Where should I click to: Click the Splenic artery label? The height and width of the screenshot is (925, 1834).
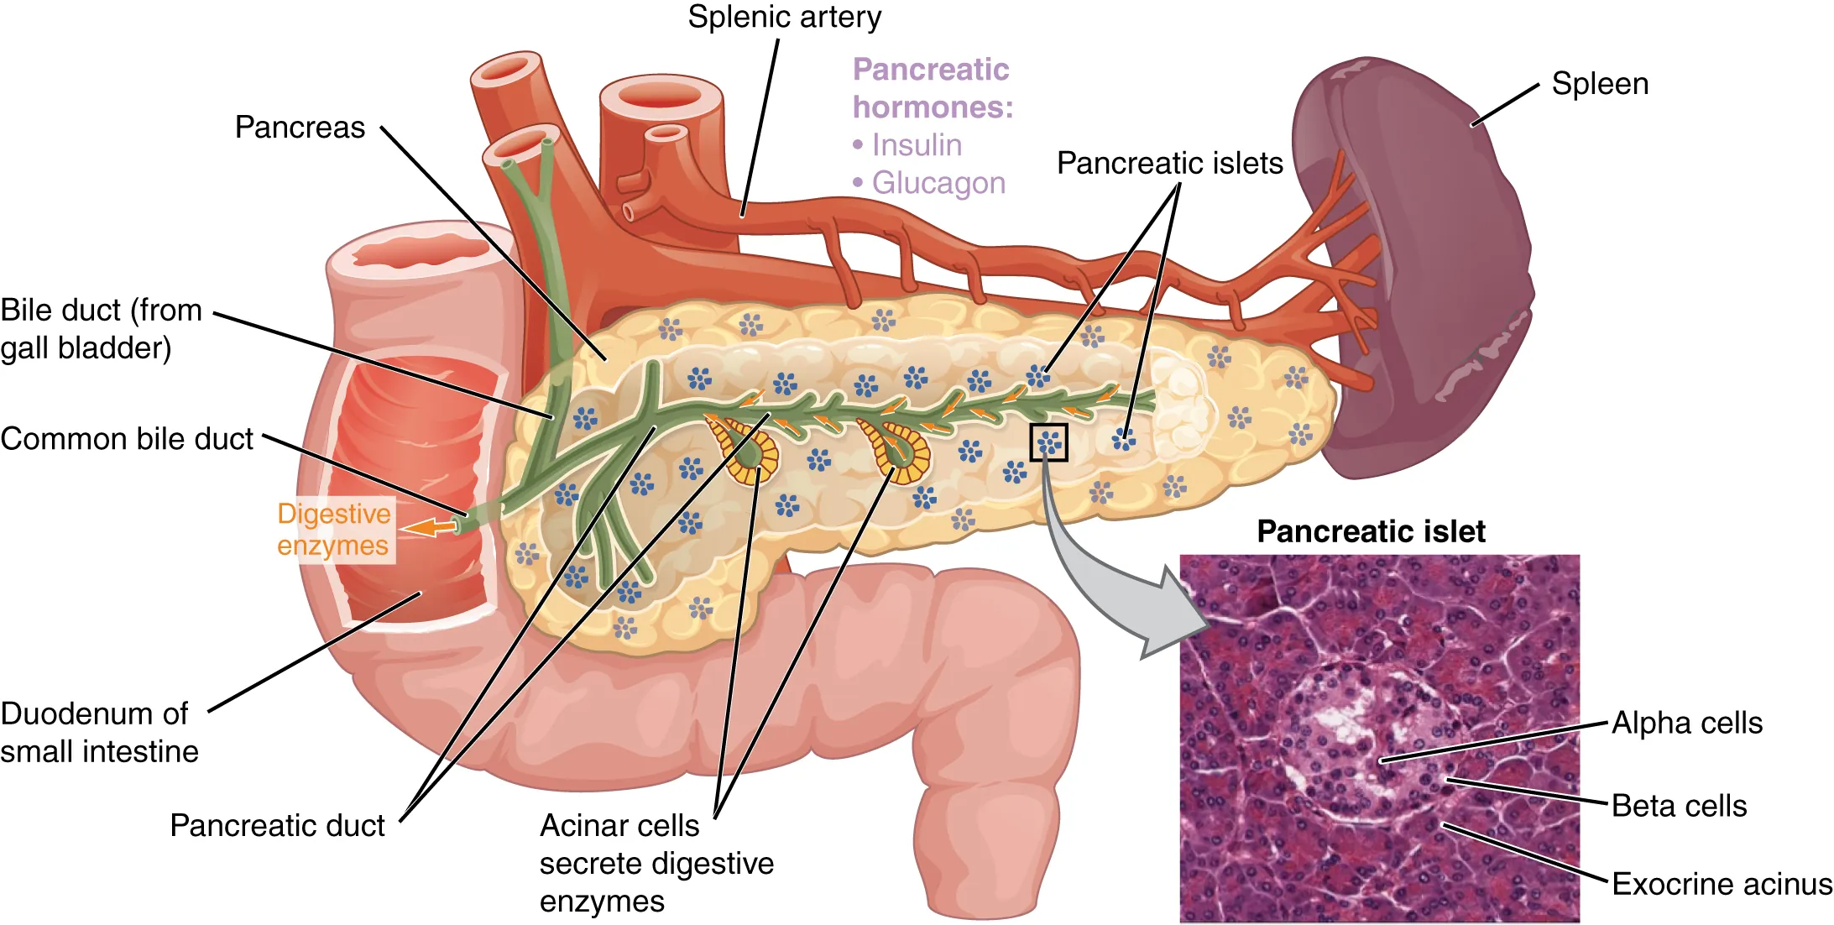pyautogui.click(x=784, y=18)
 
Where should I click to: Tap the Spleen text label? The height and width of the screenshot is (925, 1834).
pyautogui.click(x=1599, y=84)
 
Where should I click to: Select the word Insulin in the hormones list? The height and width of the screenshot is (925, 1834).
pyautogui.click(x=917, y=145)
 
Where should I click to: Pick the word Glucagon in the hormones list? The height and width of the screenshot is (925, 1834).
pyautogui.click(x=938, y=183)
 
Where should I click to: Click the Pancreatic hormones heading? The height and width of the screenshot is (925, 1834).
pyautogui.click(x=932, y=88)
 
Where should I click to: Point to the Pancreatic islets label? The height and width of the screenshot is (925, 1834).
pyautogui.click(x=1169, y=163)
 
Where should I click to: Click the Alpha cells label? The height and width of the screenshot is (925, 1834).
pyautogui.click(x=1686, y=723)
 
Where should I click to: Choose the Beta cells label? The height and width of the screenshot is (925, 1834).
pyautogui.click(x=1679, y=806)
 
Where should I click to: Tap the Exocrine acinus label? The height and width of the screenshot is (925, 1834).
pyautogui.click(x=1722, y=884)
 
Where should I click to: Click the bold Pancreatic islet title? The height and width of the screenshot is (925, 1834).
pyautogui.click(x=1371, y=531)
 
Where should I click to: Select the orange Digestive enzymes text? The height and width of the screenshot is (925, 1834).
pyautogui.click(x=333, y=530)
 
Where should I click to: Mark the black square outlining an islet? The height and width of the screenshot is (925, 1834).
pyautogui.click(x=1048, y=442)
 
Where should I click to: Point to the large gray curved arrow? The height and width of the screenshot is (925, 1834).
pyautogui.click(x=1108, y=588)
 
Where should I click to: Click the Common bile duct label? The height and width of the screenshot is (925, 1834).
pyautogui.click(x=127, y=439)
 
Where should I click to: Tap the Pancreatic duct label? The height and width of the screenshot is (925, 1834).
pyautogui.click(x=277, y=825)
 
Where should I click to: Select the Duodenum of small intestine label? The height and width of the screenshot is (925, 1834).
pyautogui.click(x=99, y=732)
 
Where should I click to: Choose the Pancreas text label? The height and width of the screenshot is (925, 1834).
pyautogui.click(x=300, y=128)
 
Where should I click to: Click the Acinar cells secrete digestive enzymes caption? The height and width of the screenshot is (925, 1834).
pyautogui.click(x=656, y=863)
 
